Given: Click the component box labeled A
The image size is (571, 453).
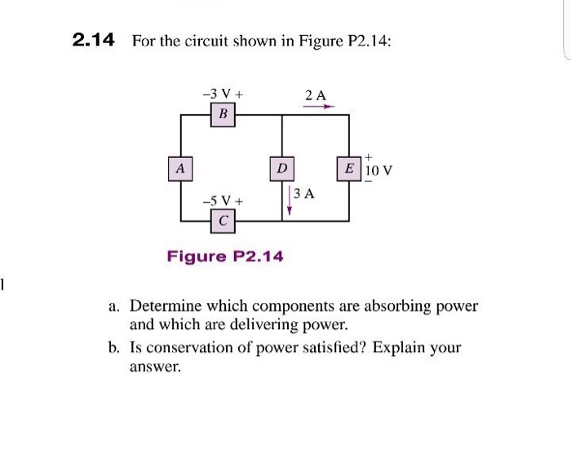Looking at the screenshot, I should tap(180, 169).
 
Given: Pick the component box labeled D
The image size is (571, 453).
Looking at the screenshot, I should tap(281, 169).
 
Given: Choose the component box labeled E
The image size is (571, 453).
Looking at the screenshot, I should tap(349, 169).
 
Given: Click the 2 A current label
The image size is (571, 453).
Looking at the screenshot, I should tap(316, 95).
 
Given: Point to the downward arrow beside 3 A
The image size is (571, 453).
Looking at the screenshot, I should tap(289, 201).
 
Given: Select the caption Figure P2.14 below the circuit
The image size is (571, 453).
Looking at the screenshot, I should tap(225, 257).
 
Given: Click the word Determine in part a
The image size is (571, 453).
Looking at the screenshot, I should tap(166, 307).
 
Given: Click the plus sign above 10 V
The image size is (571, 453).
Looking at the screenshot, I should tap(369, 155).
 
